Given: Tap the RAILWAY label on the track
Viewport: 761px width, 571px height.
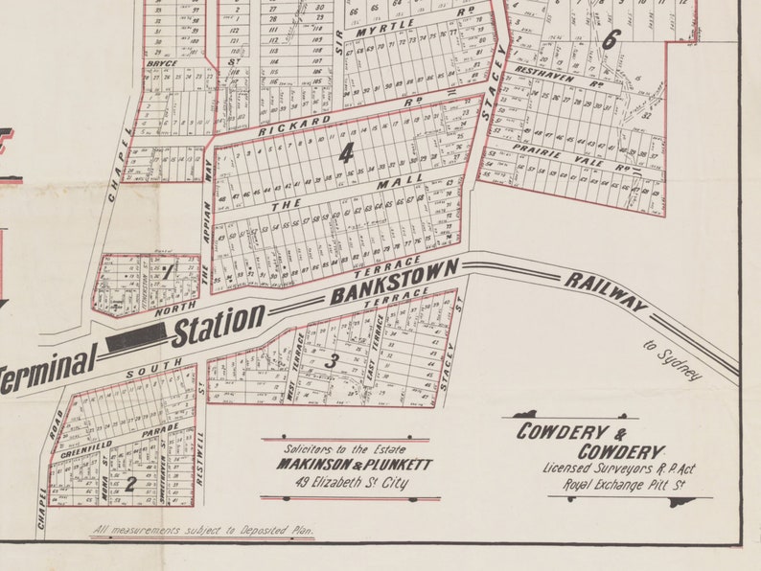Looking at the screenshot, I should [x=606, y=291].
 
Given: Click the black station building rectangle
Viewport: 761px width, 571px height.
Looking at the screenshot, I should [x=136, y=335].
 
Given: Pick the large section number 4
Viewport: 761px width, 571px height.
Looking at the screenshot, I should [x=346, y=152].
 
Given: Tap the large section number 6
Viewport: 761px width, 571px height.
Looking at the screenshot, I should [x=611, y=38].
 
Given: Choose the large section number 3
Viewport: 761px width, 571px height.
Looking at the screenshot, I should [x=333, y=360].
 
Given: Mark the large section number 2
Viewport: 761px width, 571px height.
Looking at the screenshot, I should [x=129, y=484].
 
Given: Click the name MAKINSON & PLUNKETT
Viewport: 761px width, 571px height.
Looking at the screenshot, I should [x=355, y=465].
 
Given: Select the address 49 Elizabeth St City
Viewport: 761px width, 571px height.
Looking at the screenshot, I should [x=351, y=483].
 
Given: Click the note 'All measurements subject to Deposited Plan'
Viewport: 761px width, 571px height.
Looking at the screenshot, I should [x=202, y=530].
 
